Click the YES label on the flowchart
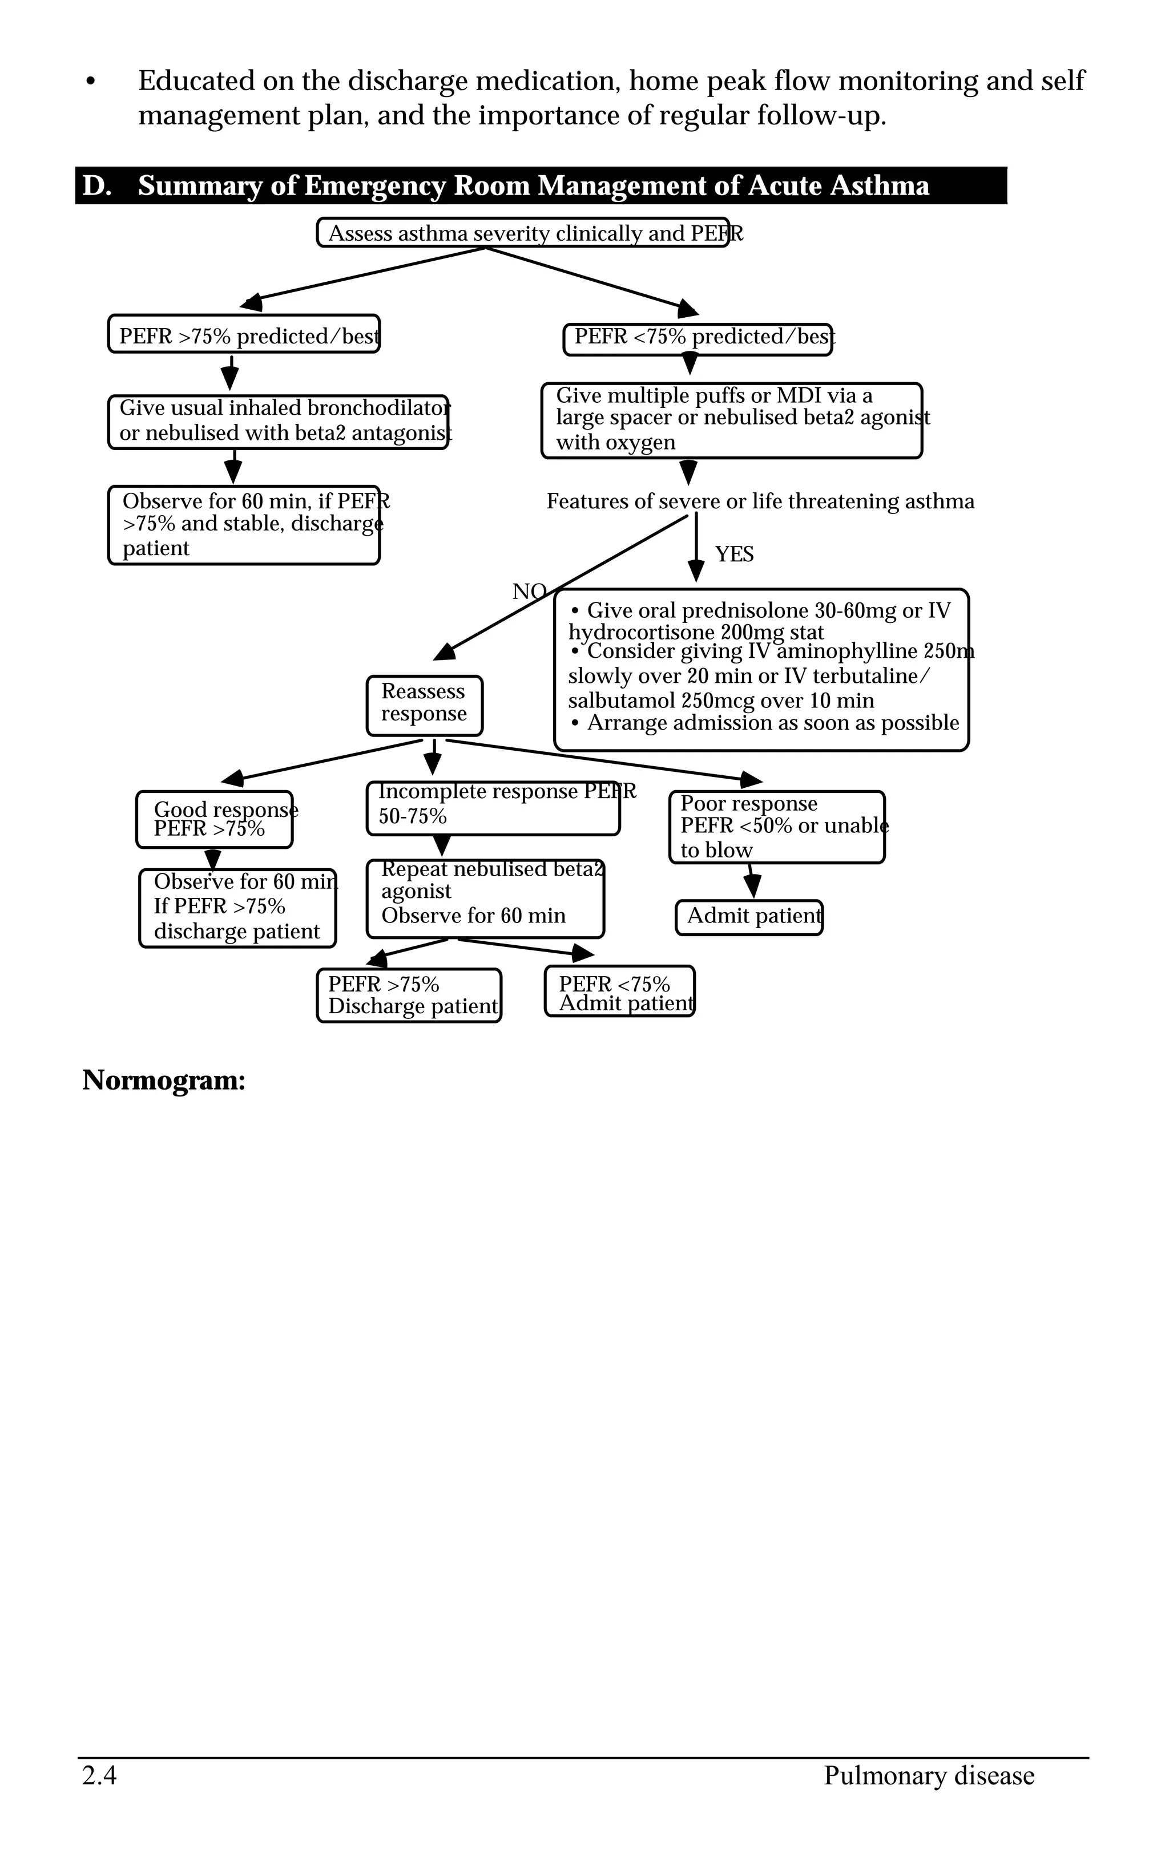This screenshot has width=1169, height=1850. point(734,554)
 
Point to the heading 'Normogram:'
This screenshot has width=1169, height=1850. point(164,1080)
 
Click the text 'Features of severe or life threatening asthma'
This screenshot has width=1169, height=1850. point(760,501)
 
